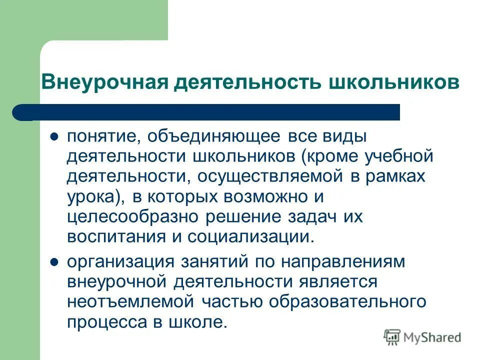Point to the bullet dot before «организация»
coord(55,261)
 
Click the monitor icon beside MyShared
coord(392,337)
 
